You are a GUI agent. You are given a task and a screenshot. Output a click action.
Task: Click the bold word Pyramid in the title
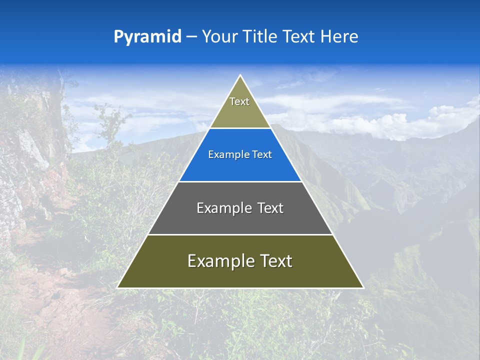147,37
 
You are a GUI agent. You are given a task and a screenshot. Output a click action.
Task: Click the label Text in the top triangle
239,102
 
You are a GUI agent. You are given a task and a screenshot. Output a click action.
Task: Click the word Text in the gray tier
270,208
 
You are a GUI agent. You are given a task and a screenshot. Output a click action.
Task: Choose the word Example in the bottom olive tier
218,261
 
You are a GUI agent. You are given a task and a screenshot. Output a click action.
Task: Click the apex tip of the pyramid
240,76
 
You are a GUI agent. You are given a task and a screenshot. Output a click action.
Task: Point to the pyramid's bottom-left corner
118,287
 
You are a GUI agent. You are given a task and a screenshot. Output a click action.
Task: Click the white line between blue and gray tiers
240,181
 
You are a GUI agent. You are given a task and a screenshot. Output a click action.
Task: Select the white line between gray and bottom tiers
240,234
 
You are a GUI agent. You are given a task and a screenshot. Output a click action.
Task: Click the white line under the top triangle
240,128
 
